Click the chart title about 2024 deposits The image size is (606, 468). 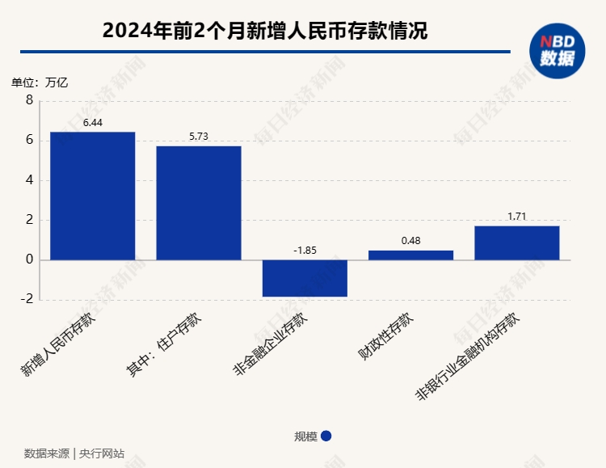pyautogui.click(x=265, y=32)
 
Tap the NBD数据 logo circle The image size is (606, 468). pyautogui.click(x=557, y=51)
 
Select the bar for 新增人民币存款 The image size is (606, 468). pyautogui.click(x=92, y=196)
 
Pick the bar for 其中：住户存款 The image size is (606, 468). pyautogui.click(x=199, y=203)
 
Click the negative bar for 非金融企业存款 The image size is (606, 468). pyautogui.click(x=305, y=278)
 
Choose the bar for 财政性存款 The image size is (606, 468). pyautogui.click(x=410, y=255)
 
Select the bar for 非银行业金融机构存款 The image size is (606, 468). pyautogui.click(x=516, y=242)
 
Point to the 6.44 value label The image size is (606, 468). pyautogui.click(x=93, y=123)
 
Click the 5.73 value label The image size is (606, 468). pyautogui.click(x=199, y=137)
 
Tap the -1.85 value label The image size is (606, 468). pyautogui.click(x=305, y=250)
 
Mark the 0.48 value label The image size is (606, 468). pyautogui.click(x=410, y=241)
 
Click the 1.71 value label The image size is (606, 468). pyautogui.click(x=516, y=217)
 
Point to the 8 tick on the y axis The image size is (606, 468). pyautogui.click(x=30, y=100)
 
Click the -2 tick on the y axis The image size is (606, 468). pyautogui.click(x=27, y=299)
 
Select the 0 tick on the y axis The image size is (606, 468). pyautogui.click(x=30, y=259)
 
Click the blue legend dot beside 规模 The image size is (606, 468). pyautogui.click(x=326, y=436)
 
